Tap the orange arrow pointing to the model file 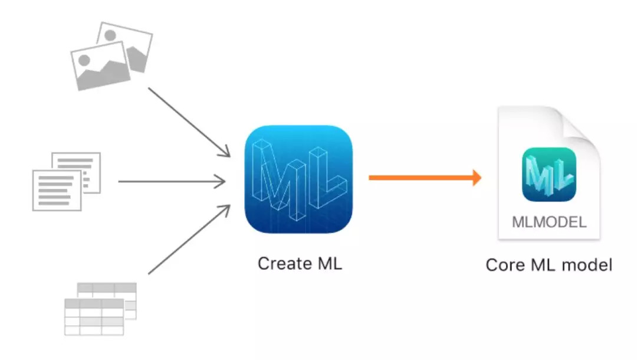425,177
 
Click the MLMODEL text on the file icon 549,222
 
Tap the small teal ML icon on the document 549,174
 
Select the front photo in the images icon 99,65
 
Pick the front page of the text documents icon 57,190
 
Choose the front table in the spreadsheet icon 94,317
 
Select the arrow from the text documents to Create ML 171,182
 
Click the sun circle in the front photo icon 84,60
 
